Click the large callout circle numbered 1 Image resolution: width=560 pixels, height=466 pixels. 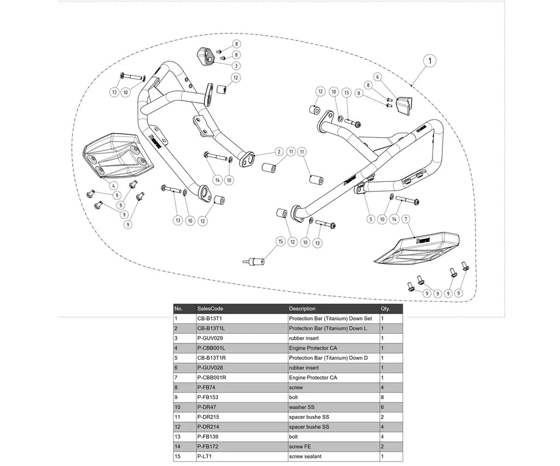430,61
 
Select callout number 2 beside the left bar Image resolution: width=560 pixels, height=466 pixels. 279,152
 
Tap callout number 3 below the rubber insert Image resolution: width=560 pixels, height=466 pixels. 236,66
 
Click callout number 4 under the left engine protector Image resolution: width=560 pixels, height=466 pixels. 113,186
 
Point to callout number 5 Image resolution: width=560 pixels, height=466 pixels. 371,219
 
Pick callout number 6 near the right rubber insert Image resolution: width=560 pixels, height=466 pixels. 377,76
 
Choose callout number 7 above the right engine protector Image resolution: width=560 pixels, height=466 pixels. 406,219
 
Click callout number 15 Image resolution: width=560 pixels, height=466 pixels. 281,241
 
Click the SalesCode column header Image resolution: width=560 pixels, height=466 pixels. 210,309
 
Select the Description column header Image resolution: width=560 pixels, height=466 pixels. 302,309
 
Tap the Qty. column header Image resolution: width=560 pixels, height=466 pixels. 386,309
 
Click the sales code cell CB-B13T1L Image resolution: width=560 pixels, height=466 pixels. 211,328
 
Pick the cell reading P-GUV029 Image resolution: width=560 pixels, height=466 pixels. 210,338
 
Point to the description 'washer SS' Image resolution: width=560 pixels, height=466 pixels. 302,407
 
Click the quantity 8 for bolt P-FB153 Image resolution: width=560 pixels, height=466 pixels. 382,397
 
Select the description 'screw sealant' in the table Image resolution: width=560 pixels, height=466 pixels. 305,456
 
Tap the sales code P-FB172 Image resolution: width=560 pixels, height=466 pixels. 207,446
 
